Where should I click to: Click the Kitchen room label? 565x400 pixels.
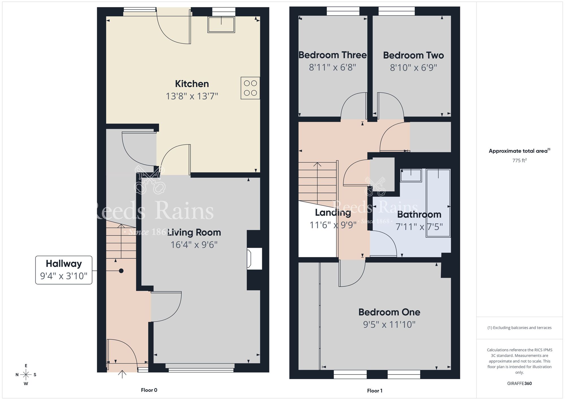192,84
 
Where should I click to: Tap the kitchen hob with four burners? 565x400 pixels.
250,88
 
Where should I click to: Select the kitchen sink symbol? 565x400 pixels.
221,25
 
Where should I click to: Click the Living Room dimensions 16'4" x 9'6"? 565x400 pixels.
194,245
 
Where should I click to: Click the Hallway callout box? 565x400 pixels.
64,270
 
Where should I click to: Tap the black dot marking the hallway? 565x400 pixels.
121,271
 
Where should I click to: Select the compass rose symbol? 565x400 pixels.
26,375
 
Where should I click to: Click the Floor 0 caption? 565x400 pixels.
149,390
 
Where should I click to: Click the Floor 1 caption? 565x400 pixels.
375,391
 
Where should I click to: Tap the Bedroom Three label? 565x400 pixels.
333,55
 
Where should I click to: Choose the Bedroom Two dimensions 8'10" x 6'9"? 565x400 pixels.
413,68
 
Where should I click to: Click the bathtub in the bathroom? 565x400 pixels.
438,203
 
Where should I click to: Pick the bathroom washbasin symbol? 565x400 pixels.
411,175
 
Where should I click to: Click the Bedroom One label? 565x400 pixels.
389,312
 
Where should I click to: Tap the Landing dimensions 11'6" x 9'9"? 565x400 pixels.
333,225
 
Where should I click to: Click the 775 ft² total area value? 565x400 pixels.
519,160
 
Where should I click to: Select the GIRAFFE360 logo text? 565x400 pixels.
519,384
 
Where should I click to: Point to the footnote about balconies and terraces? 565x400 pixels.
519,328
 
